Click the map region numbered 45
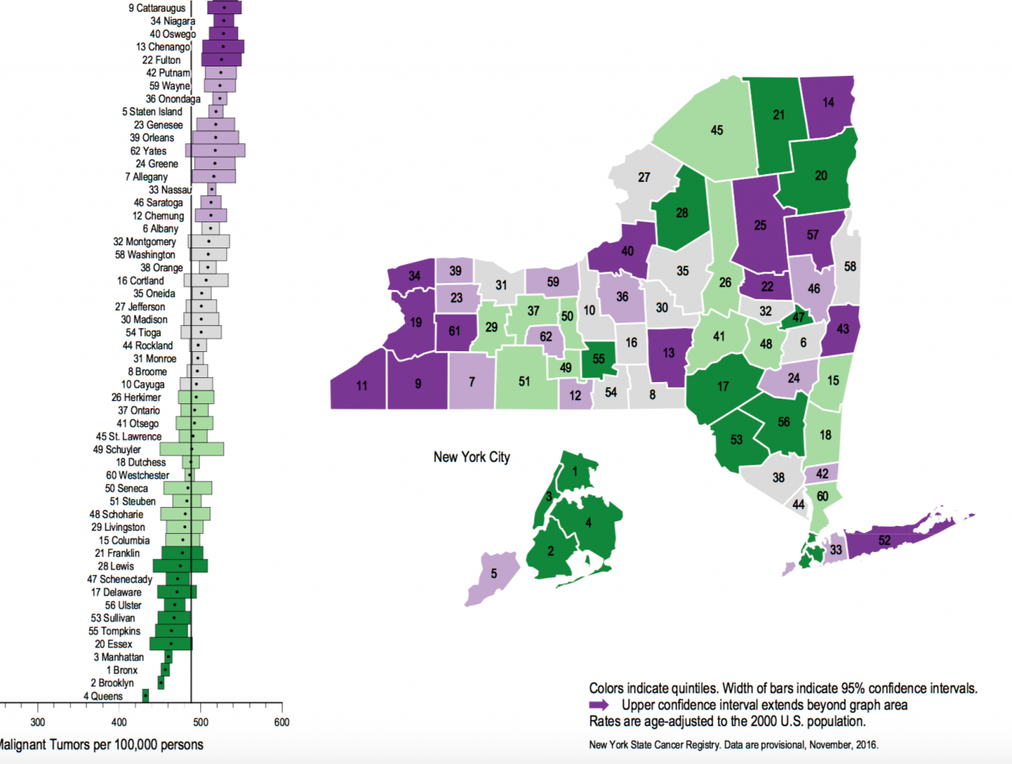click(716, 130)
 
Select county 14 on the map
click(828, 102)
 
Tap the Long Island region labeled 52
click(884, 541)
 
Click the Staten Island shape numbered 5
click(493, 574)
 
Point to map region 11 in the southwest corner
click(361, 386)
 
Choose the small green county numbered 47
click(799, 317)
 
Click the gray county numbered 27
click(644, 178)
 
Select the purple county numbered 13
click(669, 353)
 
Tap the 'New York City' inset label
click(471, 457)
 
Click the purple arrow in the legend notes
click(599, 705)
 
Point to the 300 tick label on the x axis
click(37, 722)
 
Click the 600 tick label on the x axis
click(281, 722)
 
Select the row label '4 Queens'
click(103, 697)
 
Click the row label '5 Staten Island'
click(152, 112)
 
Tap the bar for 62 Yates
click(215, 150)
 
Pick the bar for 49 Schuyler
click(192, 449)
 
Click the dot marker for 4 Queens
click(145, 696)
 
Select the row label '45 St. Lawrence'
click(128, 437)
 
